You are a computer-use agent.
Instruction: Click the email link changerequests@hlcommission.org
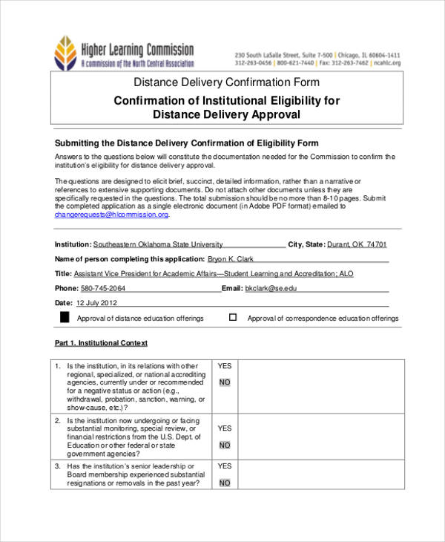(112, 215)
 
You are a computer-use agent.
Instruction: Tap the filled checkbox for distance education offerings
(64, 318)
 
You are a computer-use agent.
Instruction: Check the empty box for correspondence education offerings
(233, 317)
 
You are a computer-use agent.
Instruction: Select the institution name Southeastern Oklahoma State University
(158, 244)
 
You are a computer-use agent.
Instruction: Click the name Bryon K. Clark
(231, 259)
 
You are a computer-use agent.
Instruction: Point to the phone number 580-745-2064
(103, 288)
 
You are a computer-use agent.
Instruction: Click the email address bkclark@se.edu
(271, 288)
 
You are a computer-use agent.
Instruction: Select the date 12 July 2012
(97, 303)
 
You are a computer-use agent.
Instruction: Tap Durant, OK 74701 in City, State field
(357, 244)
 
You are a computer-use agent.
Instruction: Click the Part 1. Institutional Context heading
(101, 343)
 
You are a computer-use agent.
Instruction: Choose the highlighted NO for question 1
(225, 382)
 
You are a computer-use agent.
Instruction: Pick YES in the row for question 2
(225, 428)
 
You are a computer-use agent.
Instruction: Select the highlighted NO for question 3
(225, 483)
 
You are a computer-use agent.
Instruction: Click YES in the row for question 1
(225, 366)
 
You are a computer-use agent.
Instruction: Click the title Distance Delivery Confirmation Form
(226, 82)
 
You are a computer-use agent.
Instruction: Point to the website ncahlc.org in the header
(387, 64)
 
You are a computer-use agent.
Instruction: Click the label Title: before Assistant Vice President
(64, 273)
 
